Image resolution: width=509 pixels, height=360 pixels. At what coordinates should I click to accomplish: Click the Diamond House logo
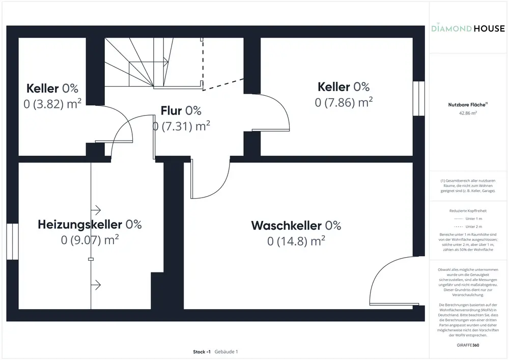click(468, 29)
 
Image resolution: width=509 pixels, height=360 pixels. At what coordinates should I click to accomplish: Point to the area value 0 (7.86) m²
click(344, 102)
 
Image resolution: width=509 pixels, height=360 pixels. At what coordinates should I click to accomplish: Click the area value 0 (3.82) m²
click(53, 104)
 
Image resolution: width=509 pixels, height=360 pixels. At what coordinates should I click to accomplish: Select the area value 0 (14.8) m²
click(296, 241)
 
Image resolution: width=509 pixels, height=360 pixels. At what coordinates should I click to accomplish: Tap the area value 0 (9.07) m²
click(90, 239)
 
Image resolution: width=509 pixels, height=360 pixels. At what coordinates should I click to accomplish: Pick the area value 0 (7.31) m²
click(181, 126)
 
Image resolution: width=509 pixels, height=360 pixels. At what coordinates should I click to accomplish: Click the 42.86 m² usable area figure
click(468, 114)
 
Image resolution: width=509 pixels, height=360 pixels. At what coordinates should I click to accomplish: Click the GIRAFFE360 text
click(468, 345)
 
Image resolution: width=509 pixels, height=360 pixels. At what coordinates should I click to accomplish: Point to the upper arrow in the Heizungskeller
click(96, 210)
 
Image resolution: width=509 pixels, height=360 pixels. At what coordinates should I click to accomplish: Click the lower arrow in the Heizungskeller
click(96, 284)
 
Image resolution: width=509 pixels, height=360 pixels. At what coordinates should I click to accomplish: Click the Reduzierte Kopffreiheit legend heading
click(468, 210)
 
